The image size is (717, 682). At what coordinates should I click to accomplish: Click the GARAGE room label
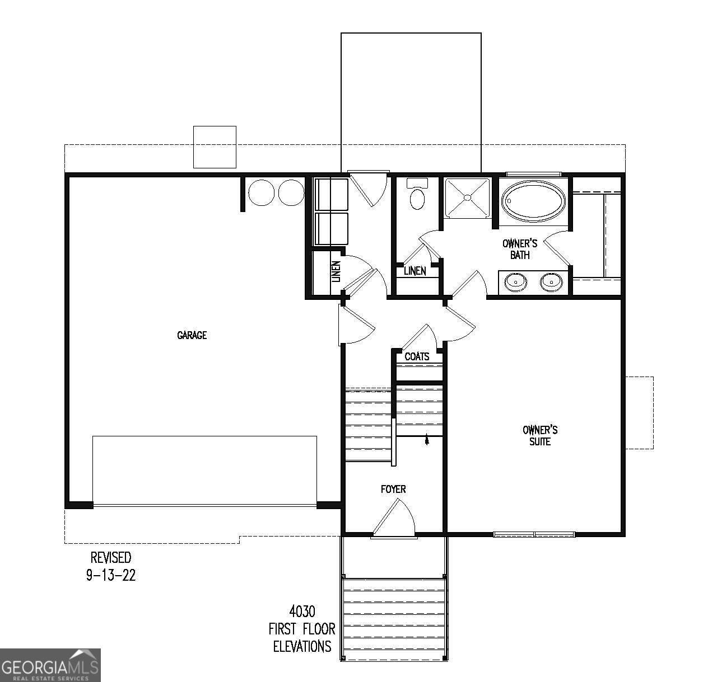(192, 335)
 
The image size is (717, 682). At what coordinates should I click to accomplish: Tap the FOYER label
(393, 489)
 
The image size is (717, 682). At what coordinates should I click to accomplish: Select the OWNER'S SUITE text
(540, 436)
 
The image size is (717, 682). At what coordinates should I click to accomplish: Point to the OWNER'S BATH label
(520, 249)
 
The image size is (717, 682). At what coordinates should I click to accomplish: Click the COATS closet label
(417, 356)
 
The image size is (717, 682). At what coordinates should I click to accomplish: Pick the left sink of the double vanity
(515, 282)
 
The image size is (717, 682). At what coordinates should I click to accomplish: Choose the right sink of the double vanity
(552, 282)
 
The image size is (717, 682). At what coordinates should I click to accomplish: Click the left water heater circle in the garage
(260, 192)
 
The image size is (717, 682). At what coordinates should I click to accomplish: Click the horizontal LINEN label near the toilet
(415, 271)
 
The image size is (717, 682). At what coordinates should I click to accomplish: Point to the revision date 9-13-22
(111, 575)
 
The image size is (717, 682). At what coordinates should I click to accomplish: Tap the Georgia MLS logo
(50, 665)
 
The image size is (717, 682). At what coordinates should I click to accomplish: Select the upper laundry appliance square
(331, 194)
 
